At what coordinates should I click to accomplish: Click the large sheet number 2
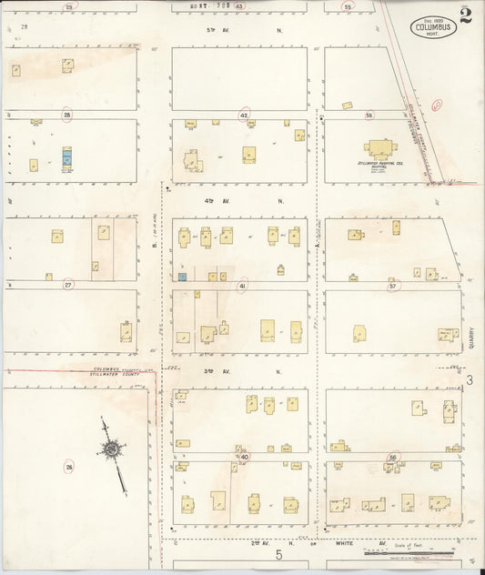click(x=466, y=15)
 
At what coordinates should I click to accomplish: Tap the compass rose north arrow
click(x=110, y=449)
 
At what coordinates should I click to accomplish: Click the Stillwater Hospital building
click(x=379, y=148)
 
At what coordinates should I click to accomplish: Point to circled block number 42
click(x=244, y=115)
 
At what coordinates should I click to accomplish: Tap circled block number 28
click(x=67, y=115)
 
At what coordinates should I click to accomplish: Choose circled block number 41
click(x=242, y=286)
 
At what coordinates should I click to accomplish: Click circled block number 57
click(x=393, y=286)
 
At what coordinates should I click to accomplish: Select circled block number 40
click(x=244, y=456)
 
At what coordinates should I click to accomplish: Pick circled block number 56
click(x=393, y=457)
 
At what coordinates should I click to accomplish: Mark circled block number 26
click(x=68, y=467)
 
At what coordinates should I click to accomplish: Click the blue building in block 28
click(x=66, y=157)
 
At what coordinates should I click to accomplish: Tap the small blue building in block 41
click(x=183, y=277)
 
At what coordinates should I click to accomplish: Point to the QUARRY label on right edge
click(x=472, y=338)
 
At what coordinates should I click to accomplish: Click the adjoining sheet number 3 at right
click(x=470, y=379)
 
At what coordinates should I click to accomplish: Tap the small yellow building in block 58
click(x=347, y=106)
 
